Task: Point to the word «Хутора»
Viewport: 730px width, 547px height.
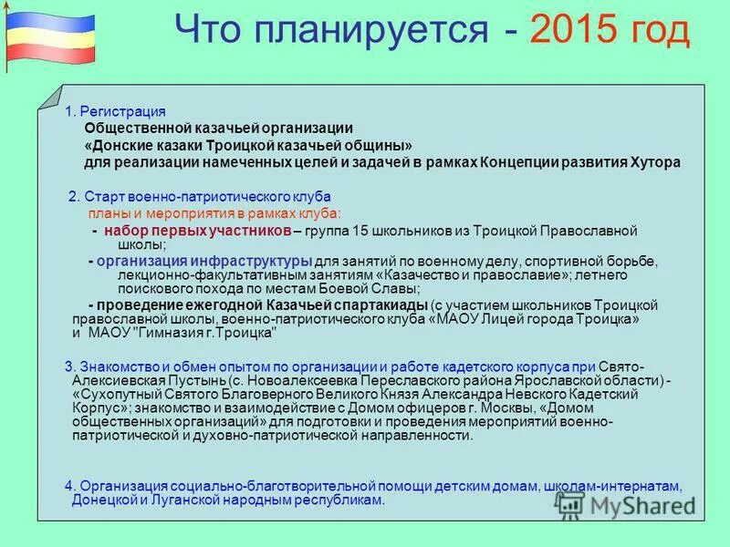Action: [655, 163]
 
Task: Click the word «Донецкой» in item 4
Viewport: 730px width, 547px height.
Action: [104, 501]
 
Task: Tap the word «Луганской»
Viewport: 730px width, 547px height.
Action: [190, 501]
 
